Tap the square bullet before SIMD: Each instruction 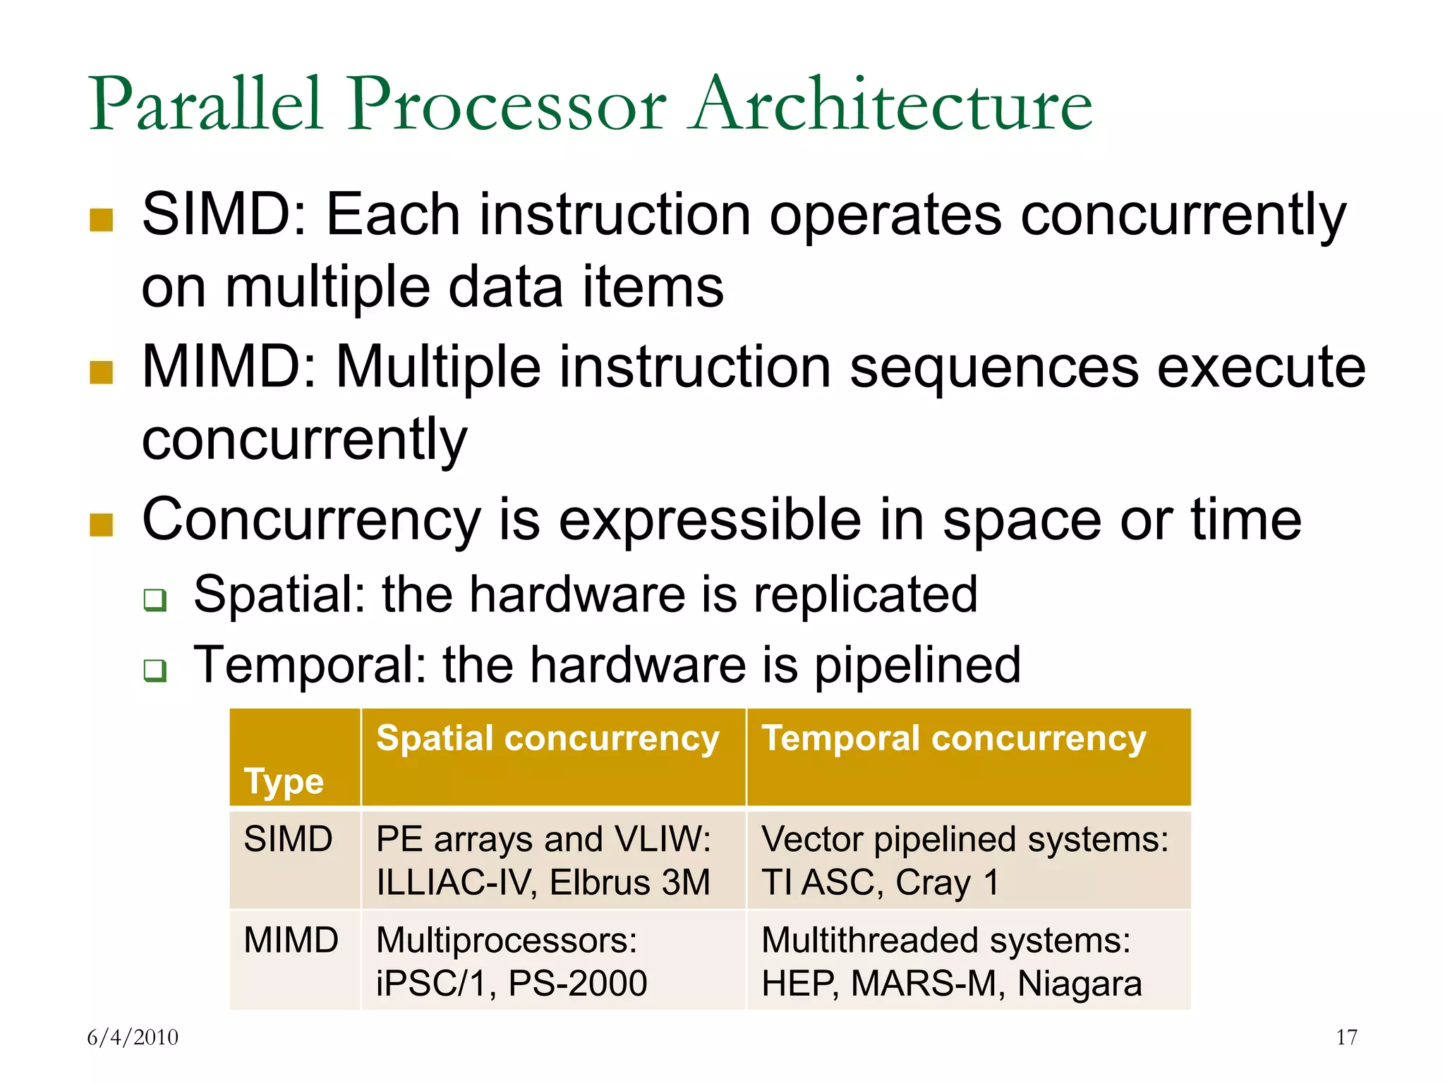point(102,220)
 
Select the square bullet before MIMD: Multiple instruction point(102,372)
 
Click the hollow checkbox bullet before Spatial point(155,600)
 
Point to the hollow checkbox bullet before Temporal point(155,671)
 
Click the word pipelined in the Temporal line point(917,666)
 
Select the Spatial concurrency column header point(548,739)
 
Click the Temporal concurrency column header point(954,739)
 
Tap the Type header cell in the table point(284,781)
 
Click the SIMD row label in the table point(288,839)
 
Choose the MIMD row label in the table point(291,940)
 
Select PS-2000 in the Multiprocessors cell point(577,984)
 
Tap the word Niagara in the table point(1080,984)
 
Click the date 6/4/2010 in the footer point(133,1037)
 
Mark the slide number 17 point(1346,1037)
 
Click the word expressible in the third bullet point(710,520)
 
